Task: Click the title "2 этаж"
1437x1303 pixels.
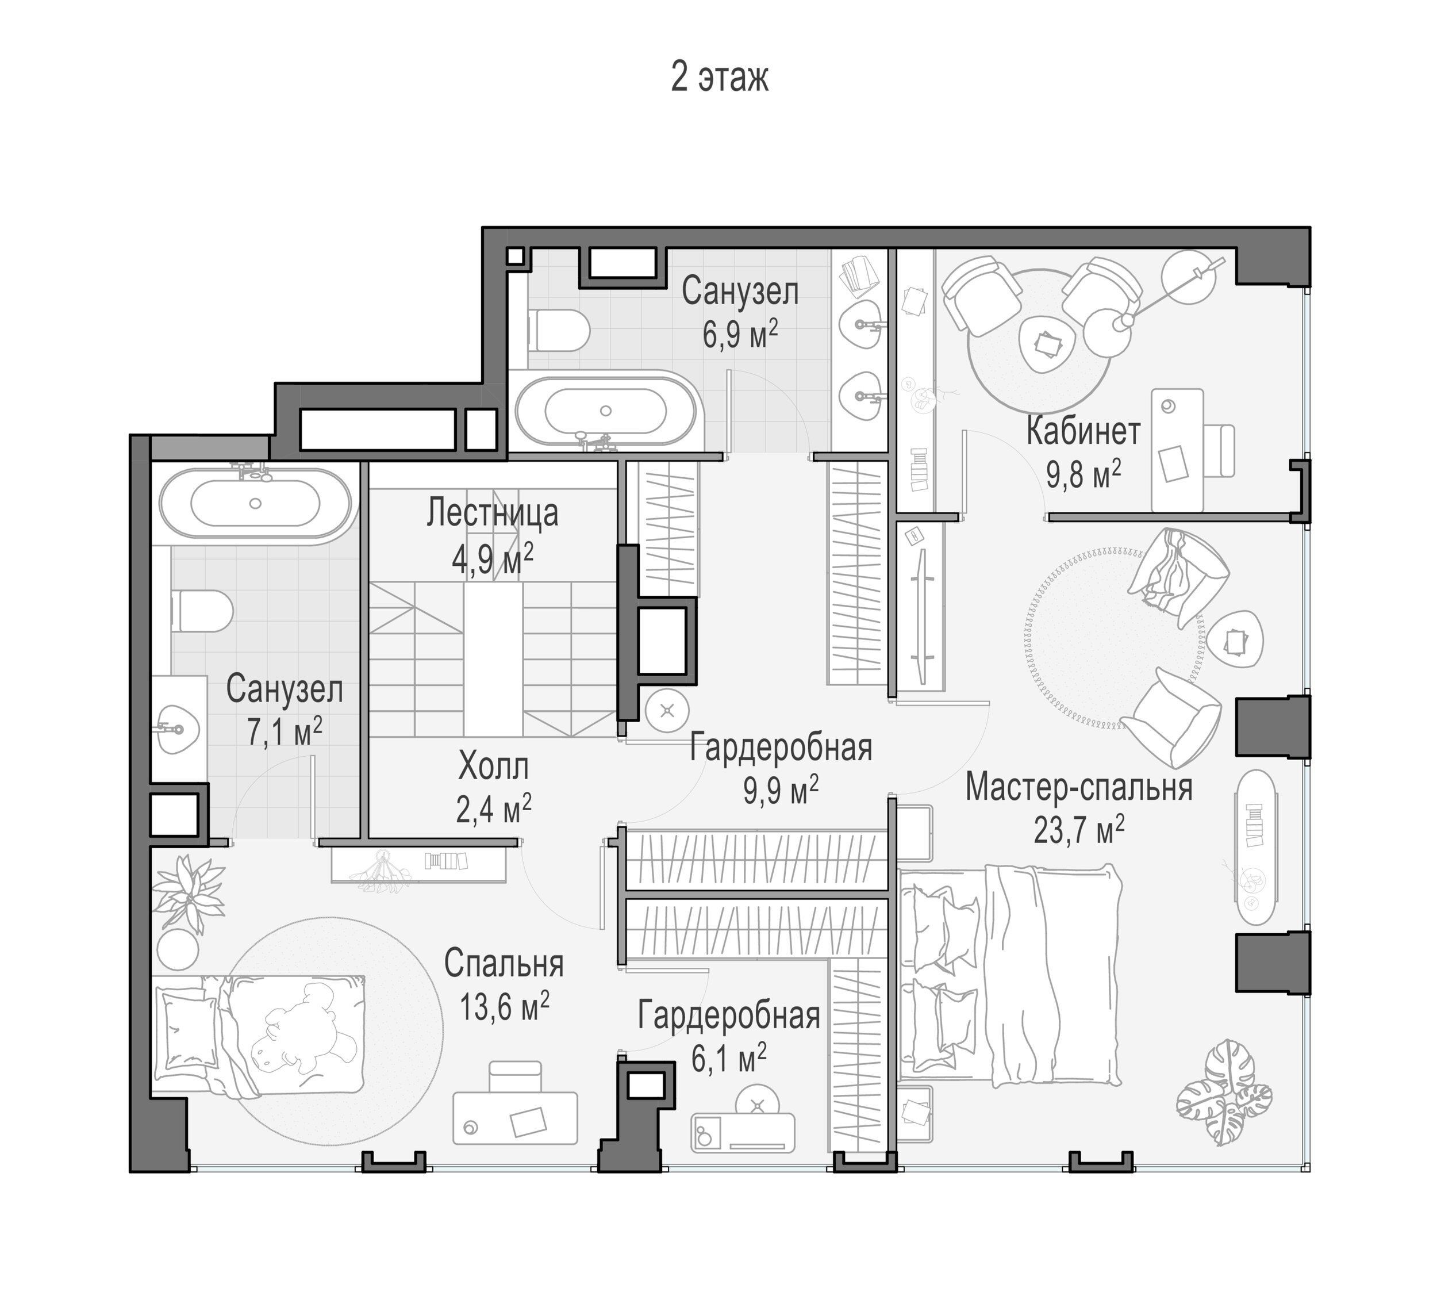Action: pyautogui.click(x=719, y=78)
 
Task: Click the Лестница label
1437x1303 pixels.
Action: pyautogui.click(x=493, y=513)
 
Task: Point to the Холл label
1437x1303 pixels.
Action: pyautogui.click(x=494, y=768)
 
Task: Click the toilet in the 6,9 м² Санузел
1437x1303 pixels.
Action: pyautogui.click(x=559, y=331)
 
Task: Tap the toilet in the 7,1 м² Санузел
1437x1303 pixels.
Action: pyautogui.click(x=202, y=611)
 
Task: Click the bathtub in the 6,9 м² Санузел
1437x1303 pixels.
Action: pyautogui.click(x=606, y=411)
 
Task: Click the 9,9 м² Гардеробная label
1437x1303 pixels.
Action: pyautogui.click(x=781, y=748)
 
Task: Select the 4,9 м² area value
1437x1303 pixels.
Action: pyautogui.click(x=493, y=559)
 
